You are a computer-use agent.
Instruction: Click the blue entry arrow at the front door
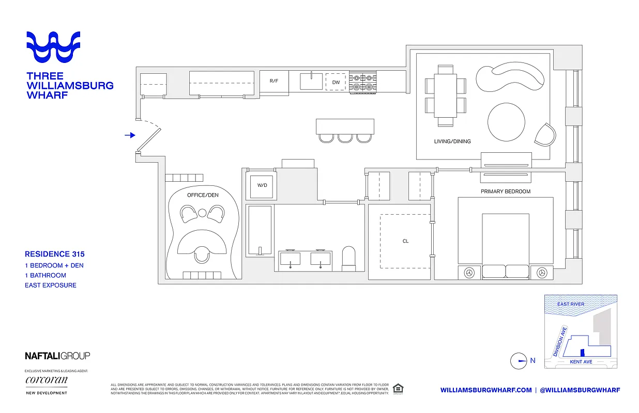point(130,135)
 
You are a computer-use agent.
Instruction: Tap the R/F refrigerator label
point(274,81)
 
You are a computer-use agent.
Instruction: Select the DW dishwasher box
point(336,82)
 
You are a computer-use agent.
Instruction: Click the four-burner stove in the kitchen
point(363,82)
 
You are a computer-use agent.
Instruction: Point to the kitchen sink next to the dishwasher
point(311,81)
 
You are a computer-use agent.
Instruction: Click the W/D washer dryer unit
point(262,185)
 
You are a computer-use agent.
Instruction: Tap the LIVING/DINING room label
point(452,141)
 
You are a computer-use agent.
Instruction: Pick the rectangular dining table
point(446,95)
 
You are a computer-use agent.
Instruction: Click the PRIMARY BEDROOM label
point(506,192)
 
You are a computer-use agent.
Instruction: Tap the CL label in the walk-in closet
point(405,241)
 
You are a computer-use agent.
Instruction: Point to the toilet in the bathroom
point(349,259)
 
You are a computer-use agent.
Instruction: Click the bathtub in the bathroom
point(259,230)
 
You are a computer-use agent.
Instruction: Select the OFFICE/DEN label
point(203,195)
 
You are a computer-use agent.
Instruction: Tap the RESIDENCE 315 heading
point(55,254)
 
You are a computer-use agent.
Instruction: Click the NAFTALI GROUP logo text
point(57,356)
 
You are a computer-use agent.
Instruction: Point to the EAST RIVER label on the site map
point(571,304)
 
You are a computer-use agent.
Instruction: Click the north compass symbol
point(518,361)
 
